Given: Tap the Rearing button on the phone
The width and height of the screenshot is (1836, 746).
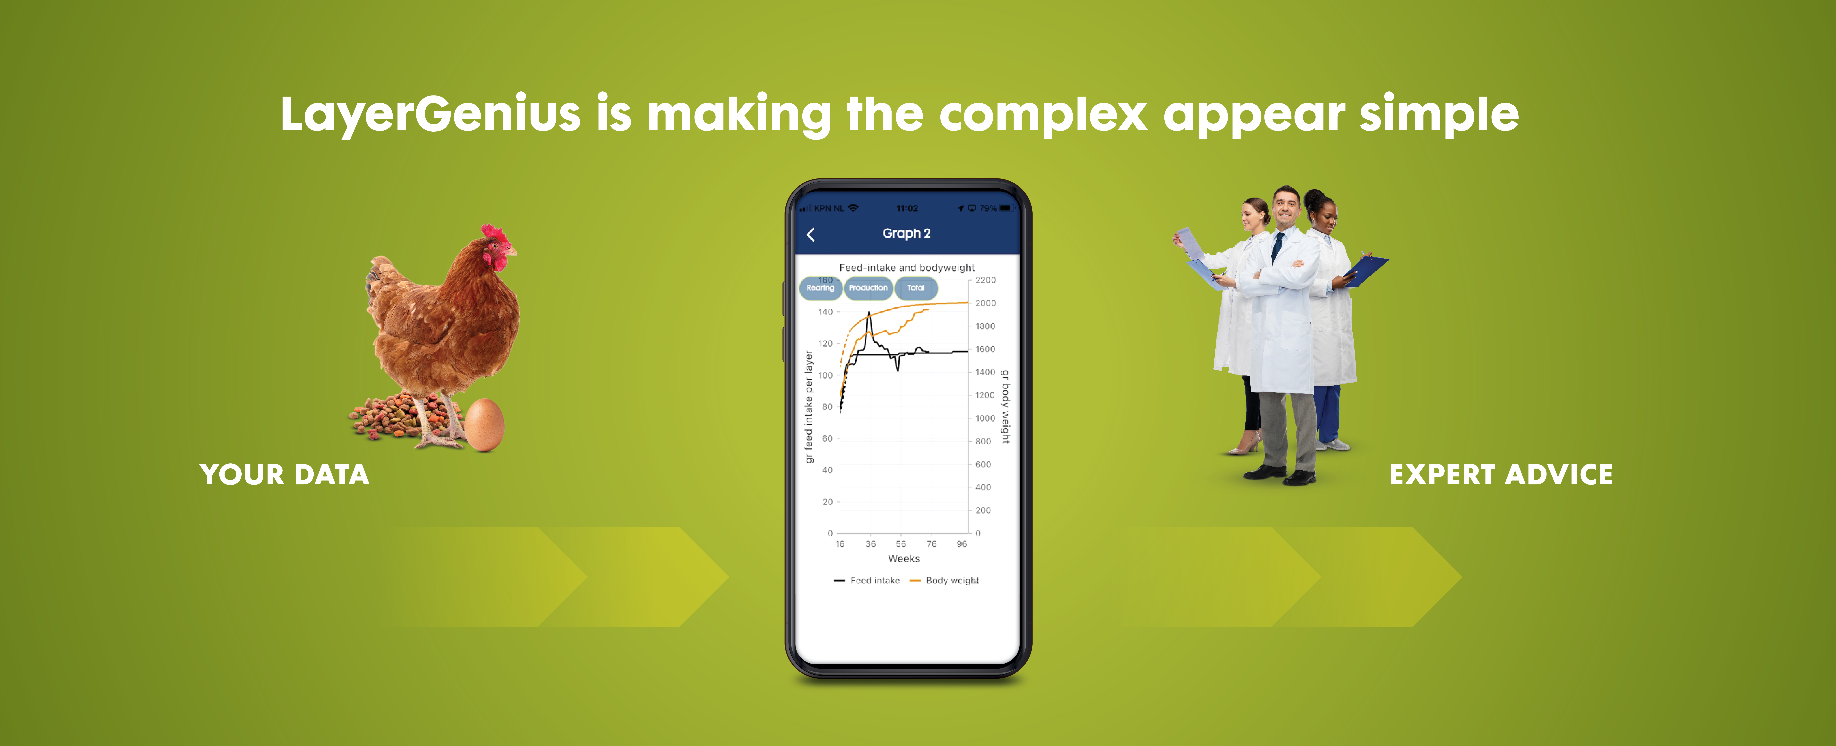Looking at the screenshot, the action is pyautogui.click(x=820, y=288).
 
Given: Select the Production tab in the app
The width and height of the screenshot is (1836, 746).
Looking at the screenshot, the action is pyautogui.click(x=868, y=288).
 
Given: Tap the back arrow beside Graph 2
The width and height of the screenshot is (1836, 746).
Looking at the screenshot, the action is pyautogui.click(x=810, y=234).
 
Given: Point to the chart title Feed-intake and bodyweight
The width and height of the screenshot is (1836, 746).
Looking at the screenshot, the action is pyautogui.click(x=907, y=267).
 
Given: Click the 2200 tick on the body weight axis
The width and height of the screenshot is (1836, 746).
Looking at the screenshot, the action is pyautogui.click(x=986, y=280).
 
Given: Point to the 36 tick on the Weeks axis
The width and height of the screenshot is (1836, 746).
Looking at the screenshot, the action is pyautogui.click(x=870, y=544).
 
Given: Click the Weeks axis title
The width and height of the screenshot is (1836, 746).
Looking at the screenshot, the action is pyautogui.click(x=904, y=559).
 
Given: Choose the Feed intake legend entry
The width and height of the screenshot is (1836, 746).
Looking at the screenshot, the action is pyautogui.click(x=867, y=581).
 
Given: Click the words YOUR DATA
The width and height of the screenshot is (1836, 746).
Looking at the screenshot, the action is pyautogui.click(x=284, y=474).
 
